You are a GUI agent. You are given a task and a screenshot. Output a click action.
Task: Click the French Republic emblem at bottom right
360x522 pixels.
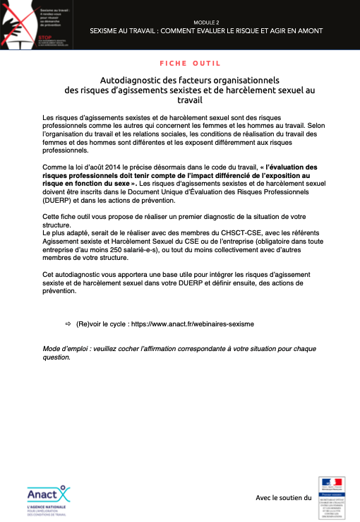tap(332, 497)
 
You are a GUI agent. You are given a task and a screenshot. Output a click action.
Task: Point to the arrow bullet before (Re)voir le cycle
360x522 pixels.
tap(68, 324)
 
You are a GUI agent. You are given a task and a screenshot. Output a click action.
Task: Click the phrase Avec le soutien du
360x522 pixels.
tap(283, 498)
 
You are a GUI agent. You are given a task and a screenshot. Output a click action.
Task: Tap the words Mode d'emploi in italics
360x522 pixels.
tap(66, 349)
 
